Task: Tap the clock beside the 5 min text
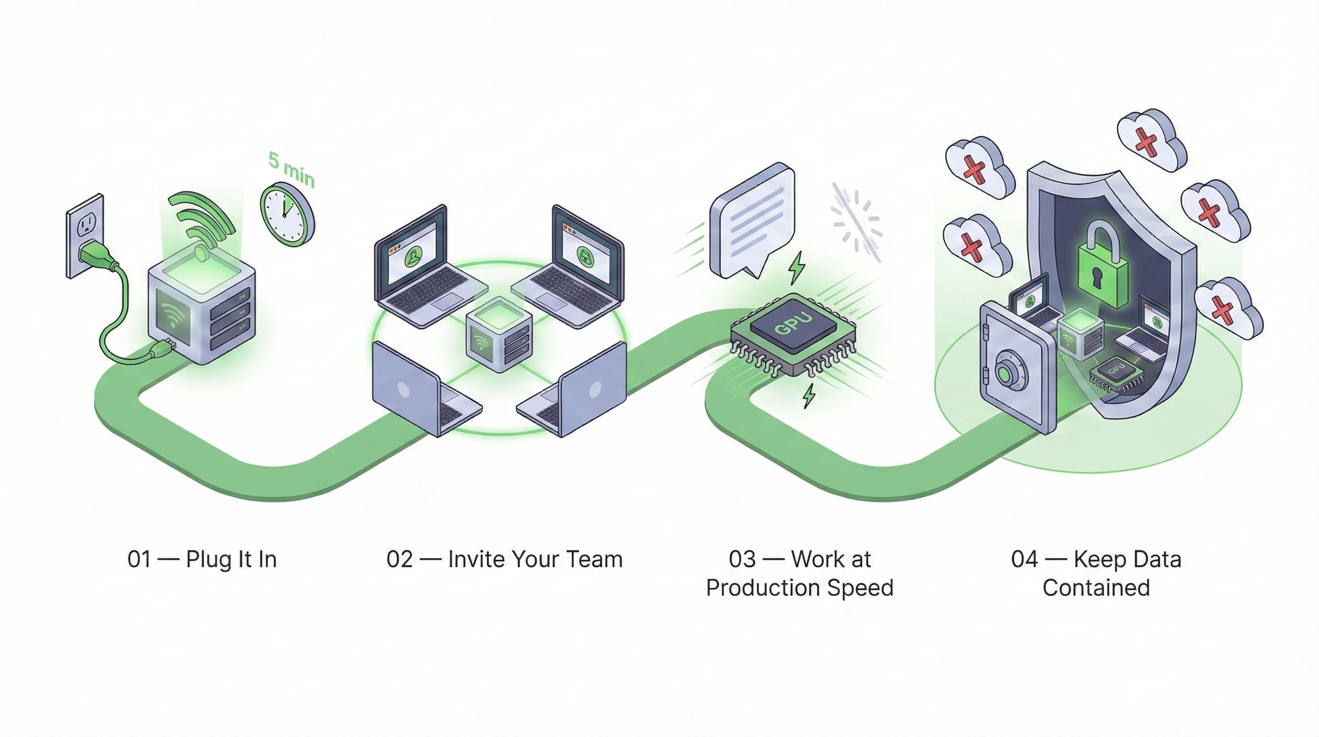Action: point(287,214)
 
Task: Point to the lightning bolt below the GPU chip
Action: point(809,396)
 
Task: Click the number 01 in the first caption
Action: point(139,559)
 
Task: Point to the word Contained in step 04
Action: point(1096,588)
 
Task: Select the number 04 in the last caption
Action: point(1024,559)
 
